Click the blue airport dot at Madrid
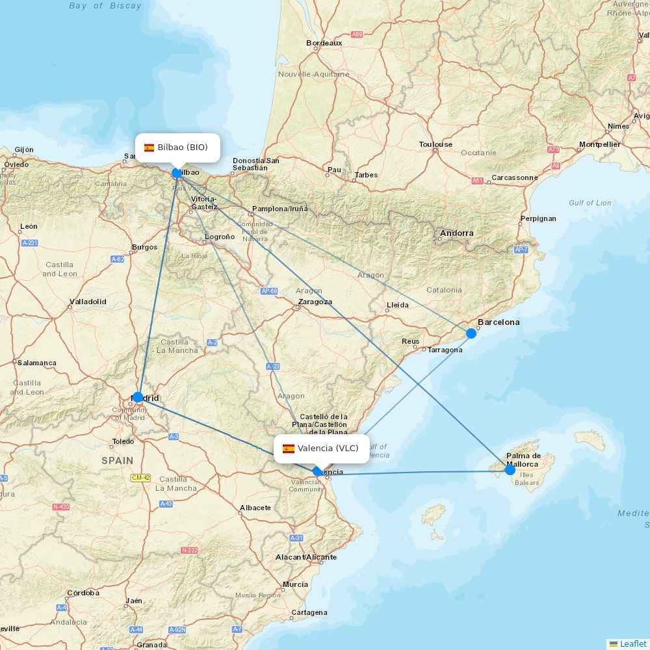click(x=138, y=397)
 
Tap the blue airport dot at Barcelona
click(x=471, y=333)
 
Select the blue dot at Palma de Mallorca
click(x=510, y=469)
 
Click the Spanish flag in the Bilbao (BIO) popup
click(x=149, y=148)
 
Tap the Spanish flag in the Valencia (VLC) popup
click(x=289, y=448)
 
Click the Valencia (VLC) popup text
click(x=328, y=448)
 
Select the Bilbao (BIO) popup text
click(x=183, y=148)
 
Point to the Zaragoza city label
click(x=315, y=302)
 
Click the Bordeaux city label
click(x=324, y=43)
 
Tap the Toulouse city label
click(x=435, y=144)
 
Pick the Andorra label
click(x=457, y=233)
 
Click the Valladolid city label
click(x=88, y=302)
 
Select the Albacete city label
click(x=255, y=508)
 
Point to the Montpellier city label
click(x=599, y=144)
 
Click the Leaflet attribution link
click(x=632, y=643)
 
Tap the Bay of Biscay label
click(x=105, y=6)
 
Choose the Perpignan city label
click(x=539, y=218)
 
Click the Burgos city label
click(x=144, y=247)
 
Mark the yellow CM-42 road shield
click(x=140, y=478)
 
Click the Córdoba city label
click(x=83, y=593)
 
